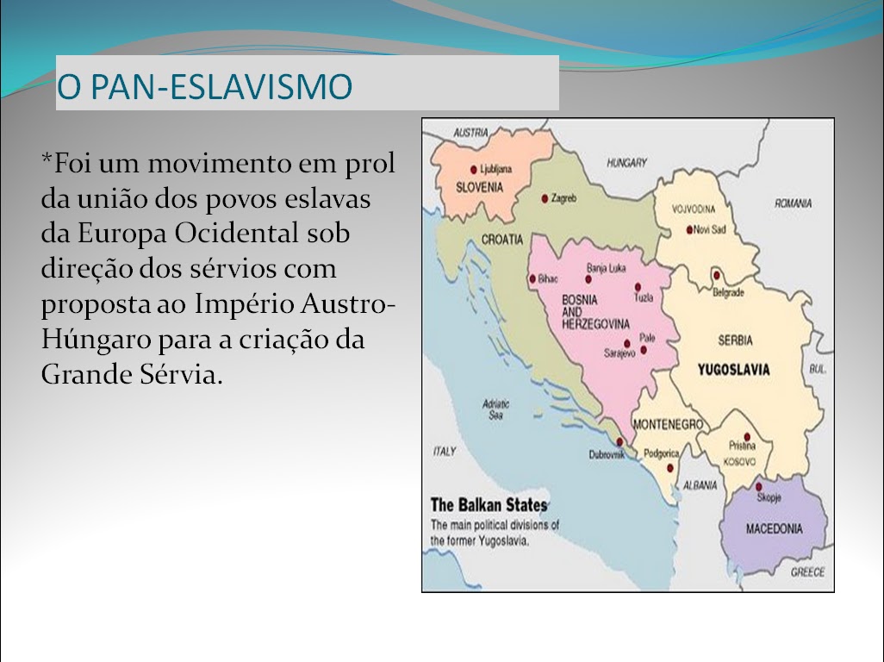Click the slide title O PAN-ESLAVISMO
[205, 86]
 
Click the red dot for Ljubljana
[474, 170]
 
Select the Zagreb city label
[563, 198]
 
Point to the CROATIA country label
[502, 239]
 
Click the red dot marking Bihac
[532, 279]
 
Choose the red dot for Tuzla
[638, 287]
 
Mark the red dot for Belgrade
[716, 275]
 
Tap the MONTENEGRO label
[668, 424]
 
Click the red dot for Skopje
[759, 486]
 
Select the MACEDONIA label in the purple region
[774, 528]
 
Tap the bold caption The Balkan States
[489, 505]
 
